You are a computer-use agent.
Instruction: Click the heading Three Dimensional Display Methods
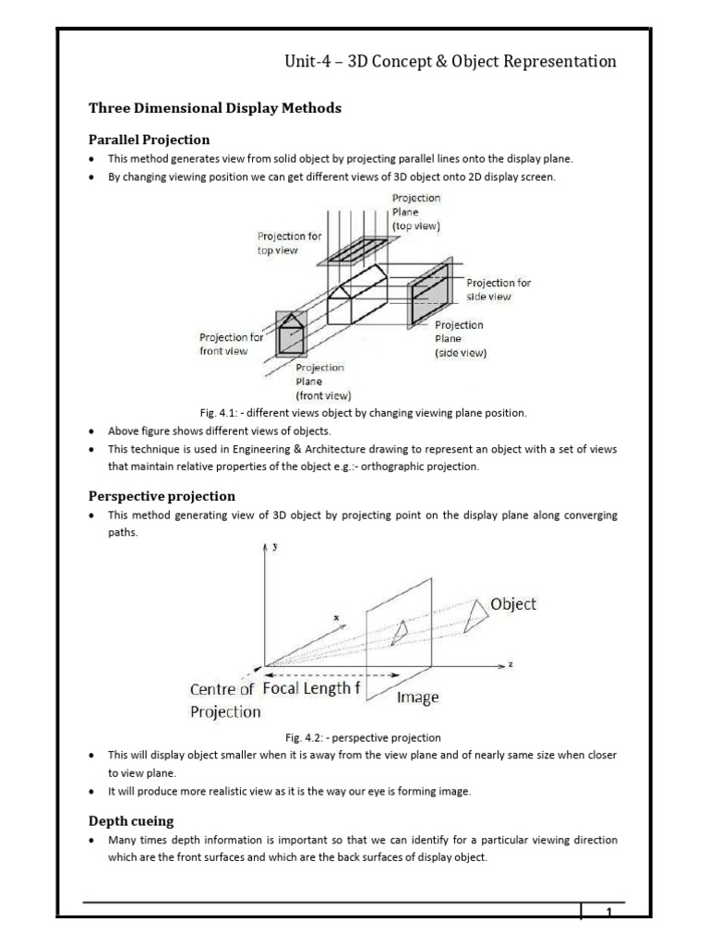(x=215, y=108)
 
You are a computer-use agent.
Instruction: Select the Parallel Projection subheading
(x=149, y=140)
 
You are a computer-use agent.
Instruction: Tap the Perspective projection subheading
(x=162, y=496)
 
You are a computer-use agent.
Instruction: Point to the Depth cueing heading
(x=131, y=821)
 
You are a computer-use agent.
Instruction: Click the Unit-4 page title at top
(x=451, y=62)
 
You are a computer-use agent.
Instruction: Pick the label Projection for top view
(x=289, y=243)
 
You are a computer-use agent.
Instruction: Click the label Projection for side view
(x=499, y=289)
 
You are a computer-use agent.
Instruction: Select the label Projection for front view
(x=232, y=344)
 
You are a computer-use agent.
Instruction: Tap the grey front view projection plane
(x=291, y=334)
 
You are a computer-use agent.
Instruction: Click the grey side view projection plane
(x=429, y=294)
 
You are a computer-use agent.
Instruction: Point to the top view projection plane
(x=357, y=250)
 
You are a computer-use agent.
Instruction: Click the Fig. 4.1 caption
(x=364, y=413)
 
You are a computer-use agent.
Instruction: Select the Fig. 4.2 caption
(x=363, y=738)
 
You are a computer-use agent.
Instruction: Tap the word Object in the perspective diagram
(x=513, y=604)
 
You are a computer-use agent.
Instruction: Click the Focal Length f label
(x=312, y=688)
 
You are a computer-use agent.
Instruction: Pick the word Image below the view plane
(x=418, y=698)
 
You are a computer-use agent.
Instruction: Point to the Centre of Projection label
(x=225, y=700)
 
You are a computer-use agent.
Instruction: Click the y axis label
(x=275, y=547)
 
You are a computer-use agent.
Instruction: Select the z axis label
(x=511, y=664)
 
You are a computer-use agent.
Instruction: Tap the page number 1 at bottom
(x=609, y=912)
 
